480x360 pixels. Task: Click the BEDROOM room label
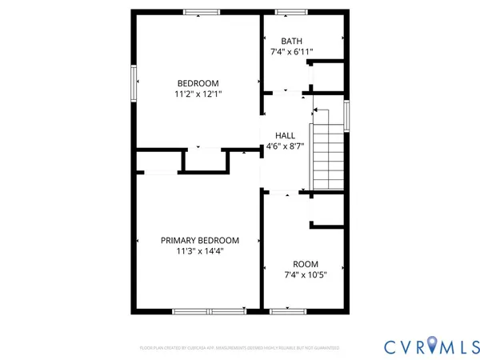(198, 83)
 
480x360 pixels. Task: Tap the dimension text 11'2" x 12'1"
(198, 94)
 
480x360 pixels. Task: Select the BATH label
(291, 42)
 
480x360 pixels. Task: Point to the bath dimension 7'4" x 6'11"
(291, 52)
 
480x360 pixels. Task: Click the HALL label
(286, 136)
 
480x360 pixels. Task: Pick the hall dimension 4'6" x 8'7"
(286, 146)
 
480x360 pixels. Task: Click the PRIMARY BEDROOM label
(199, 240)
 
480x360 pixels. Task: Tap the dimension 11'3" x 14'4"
(199, 250)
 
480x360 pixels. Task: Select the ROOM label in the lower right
(306, 264)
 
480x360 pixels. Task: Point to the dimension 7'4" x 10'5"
(306, 275)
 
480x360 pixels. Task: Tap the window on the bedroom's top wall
(202, 12)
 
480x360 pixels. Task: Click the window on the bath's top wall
(286, 12)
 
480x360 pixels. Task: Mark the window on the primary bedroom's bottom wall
(210, 310)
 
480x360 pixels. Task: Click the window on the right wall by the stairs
(346, 115)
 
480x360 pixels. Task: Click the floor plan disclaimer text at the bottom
(239, 348)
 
